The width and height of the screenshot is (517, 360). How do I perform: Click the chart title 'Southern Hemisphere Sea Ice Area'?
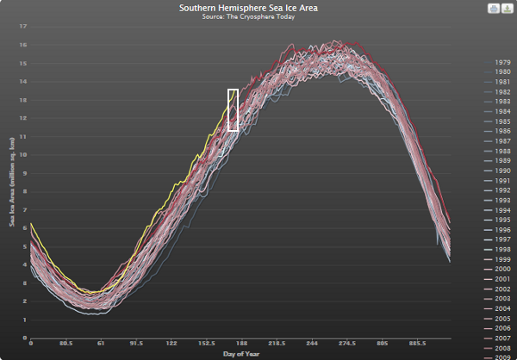click(x=258, y=8)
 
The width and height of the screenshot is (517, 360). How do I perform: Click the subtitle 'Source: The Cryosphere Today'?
click(x=258, y=17)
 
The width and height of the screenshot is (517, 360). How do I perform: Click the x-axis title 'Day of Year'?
click(x=240, y=353)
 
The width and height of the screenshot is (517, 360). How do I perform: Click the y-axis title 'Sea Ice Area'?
click(x=12, y=181)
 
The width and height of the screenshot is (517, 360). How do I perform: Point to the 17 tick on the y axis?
click(x=23, y=27)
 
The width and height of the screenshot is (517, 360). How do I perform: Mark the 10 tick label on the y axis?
click(x=23, y=155)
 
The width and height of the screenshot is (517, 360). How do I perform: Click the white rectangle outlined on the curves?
click(x=233, y=109)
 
